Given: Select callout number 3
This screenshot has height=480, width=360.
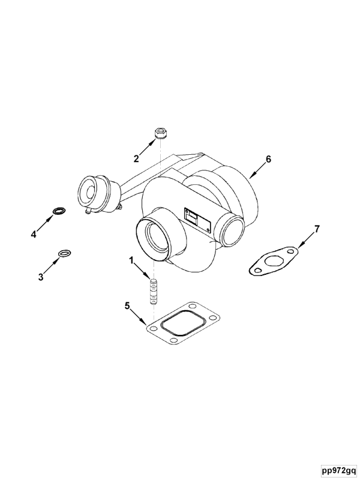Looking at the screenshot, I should tap(41, 277).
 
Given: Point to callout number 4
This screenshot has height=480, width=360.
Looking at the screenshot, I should tap(34, 234).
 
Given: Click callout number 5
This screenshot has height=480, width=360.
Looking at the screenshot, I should tap(127, 306).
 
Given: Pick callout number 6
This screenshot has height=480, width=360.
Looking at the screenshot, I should tap(268, 159).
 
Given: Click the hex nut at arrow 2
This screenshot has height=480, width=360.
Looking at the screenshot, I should tap(160, 134).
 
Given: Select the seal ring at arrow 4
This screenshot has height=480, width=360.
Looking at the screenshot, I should tap(59, 211).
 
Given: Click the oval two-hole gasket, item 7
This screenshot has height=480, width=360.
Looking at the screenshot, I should tap(274, 262).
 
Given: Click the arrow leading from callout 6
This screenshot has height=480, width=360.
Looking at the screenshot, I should tap(257, 170).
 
